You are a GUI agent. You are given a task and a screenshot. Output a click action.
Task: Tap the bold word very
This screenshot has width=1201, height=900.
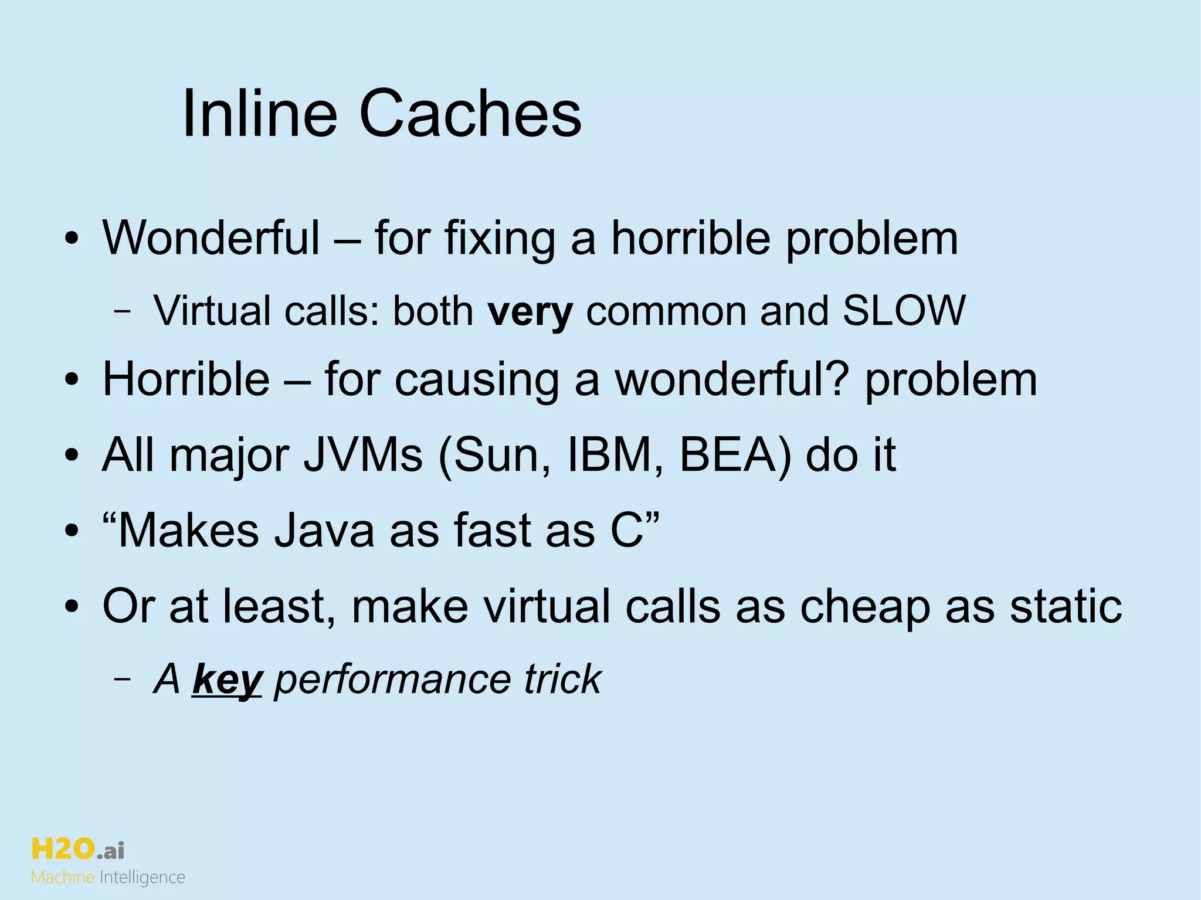(x=530, y=311)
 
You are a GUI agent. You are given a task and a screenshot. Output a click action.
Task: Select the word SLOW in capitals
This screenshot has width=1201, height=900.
(x=904, y=310)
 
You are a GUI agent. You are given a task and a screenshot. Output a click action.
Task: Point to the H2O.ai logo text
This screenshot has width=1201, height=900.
(x=77, y=849)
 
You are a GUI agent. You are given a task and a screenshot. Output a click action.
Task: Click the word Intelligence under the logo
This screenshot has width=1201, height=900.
(x=143, y=878)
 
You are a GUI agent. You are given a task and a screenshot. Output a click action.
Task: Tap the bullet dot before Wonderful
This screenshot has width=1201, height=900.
(x=72, y=240)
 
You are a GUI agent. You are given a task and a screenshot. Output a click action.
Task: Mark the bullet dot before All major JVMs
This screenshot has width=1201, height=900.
(x=72, y=456)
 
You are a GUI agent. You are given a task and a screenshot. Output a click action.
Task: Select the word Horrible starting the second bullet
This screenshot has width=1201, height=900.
(x=186, y=379)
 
